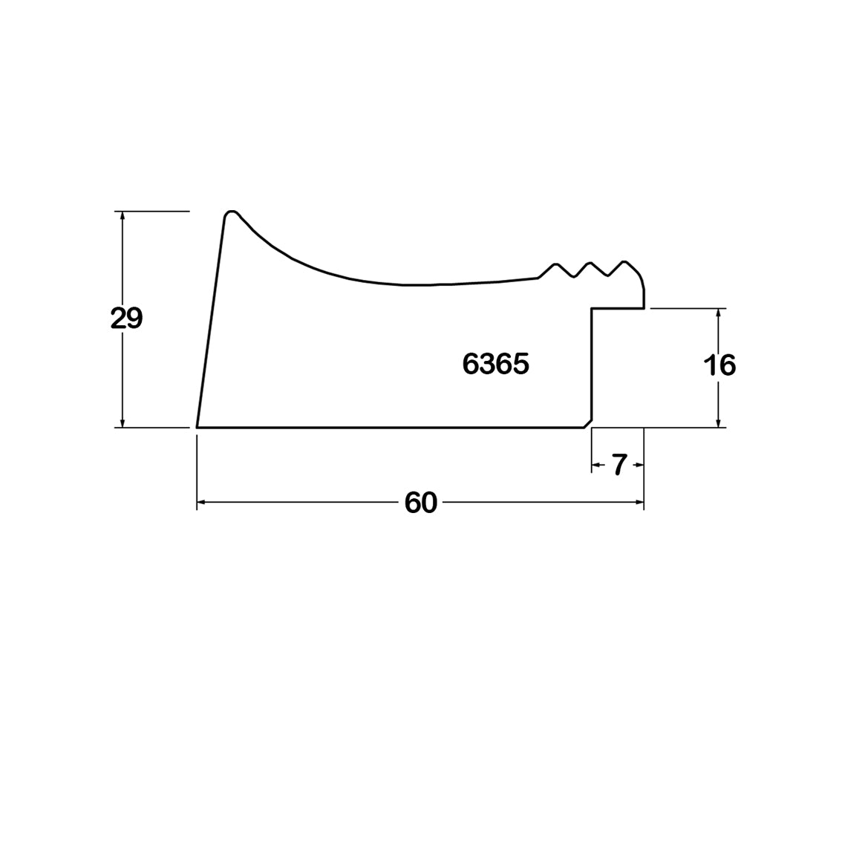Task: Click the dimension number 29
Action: coord(127,319)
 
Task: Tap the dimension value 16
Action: coord(719,365)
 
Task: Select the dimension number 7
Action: coord(619,465)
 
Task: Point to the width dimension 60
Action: coord(421,503)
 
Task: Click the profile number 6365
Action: coord(496,364)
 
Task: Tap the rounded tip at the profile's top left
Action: coord(231,212)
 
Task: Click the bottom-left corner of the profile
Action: coord(197,428)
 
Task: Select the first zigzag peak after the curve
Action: coord(556,264)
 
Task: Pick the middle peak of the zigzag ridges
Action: coord(590,263)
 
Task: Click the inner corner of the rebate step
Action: coord(592,309)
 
